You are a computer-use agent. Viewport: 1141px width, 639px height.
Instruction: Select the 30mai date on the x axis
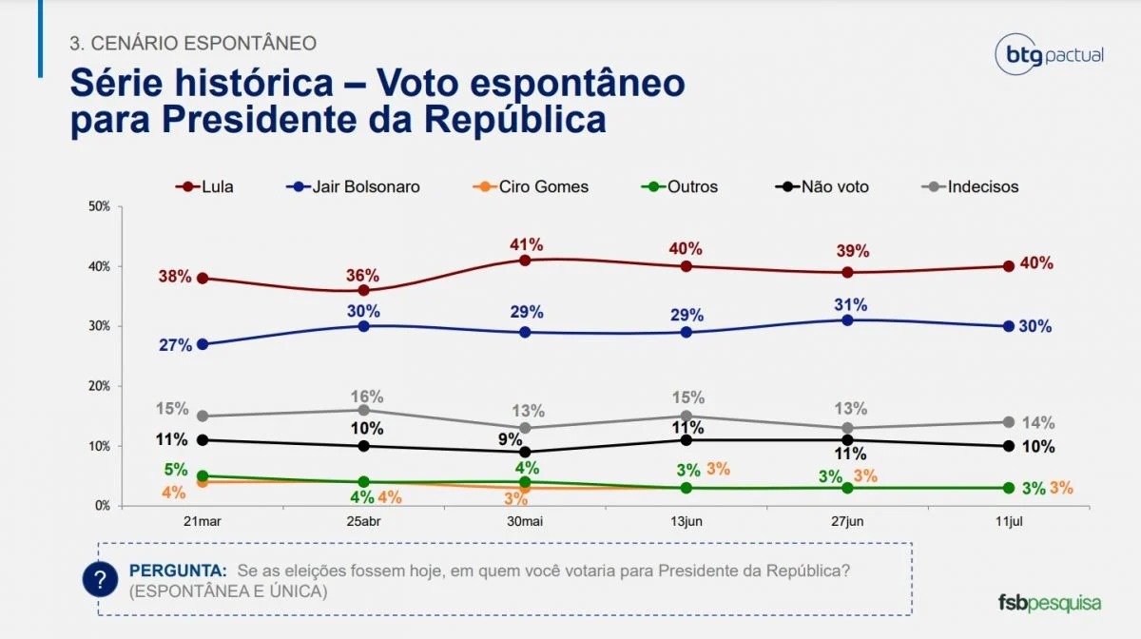pos(525,523)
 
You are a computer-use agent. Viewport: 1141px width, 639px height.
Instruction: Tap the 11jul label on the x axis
pos(1009,523)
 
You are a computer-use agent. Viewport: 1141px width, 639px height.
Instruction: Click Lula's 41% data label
pos(525,243)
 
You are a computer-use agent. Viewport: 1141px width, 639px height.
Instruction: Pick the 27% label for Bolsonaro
pos(176,345)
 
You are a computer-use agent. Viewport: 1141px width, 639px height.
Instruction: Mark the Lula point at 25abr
pos(363,290)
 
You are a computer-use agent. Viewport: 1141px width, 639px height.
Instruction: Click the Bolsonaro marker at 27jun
pos(847,319)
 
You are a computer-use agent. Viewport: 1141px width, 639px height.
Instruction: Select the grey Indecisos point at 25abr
pos(363,410)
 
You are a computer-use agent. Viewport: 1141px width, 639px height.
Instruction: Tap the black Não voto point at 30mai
pos(525,452)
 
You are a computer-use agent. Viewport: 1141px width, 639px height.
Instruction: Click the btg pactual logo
pos(1049,54)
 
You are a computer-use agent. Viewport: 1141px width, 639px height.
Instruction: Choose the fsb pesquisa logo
pos(1049,603)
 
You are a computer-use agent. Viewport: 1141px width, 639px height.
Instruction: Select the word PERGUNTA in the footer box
pos(178,571)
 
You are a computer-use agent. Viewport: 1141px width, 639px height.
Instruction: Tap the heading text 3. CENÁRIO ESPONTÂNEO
pos(193,43)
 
